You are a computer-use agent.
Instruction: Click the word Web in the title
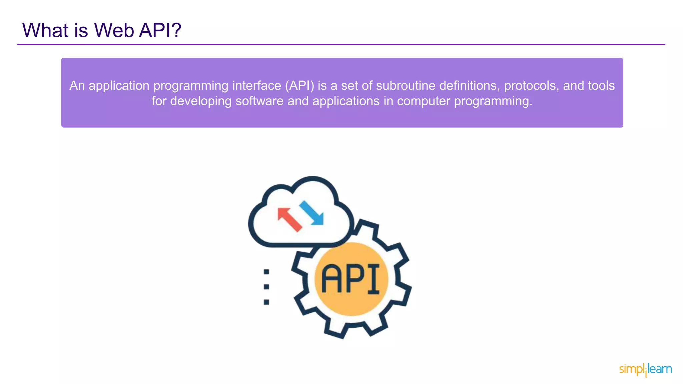pos(114,30)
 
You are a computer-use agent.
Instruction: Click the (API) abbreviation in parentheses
pos(299,86)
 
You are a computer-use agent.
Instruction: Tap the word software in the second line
pos(259,101)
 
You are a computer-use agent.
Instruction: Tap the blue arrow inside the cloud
pos(312,213)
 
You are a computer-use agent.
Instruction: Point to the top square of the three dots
pos(266,272)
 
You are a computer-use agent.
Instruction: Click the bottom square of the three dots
pos(266,302)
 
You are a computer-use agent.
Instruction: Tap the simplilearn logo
pos(645,369)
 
